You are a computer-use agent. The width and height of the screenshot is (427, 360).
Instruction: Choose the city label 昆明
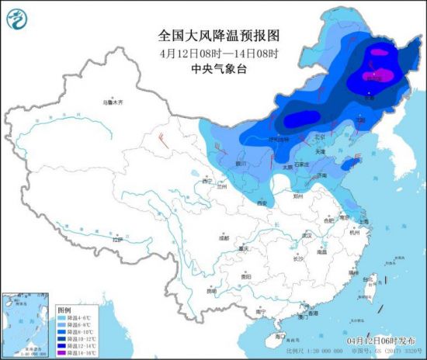point(211,291)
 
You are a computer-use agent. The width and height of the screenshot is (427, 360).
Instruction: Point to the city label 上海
point(366,220)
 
